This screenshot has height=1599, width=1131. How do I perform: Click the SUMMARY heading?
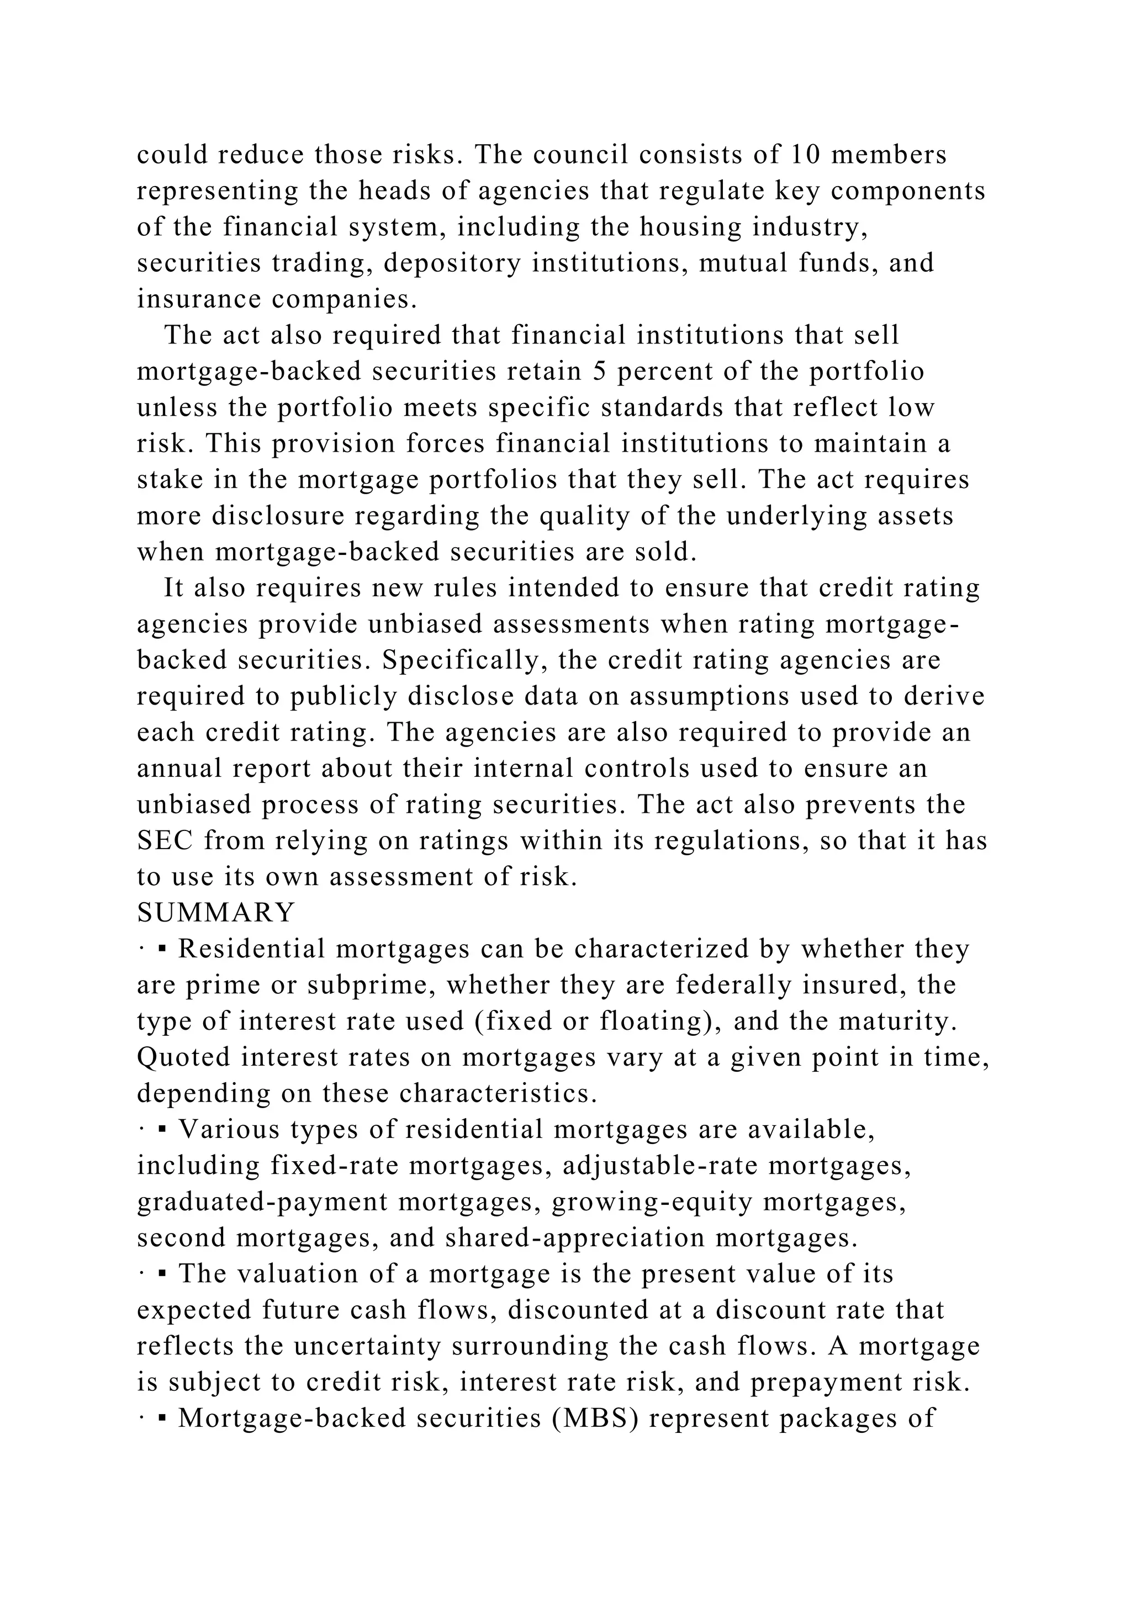[x=216, y=912]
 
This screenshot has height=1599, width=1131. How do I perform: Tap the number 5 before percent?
[x=600, y=371]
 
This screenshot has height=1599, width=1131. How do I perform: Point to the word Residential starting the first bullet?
[x=251, y=949]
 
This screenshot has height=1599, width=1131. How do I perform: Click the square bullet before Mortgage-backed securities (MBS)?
[x=162, y=1418]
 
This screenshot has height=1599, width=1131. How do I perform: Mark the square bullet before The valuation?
[x=162, y=1274]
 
